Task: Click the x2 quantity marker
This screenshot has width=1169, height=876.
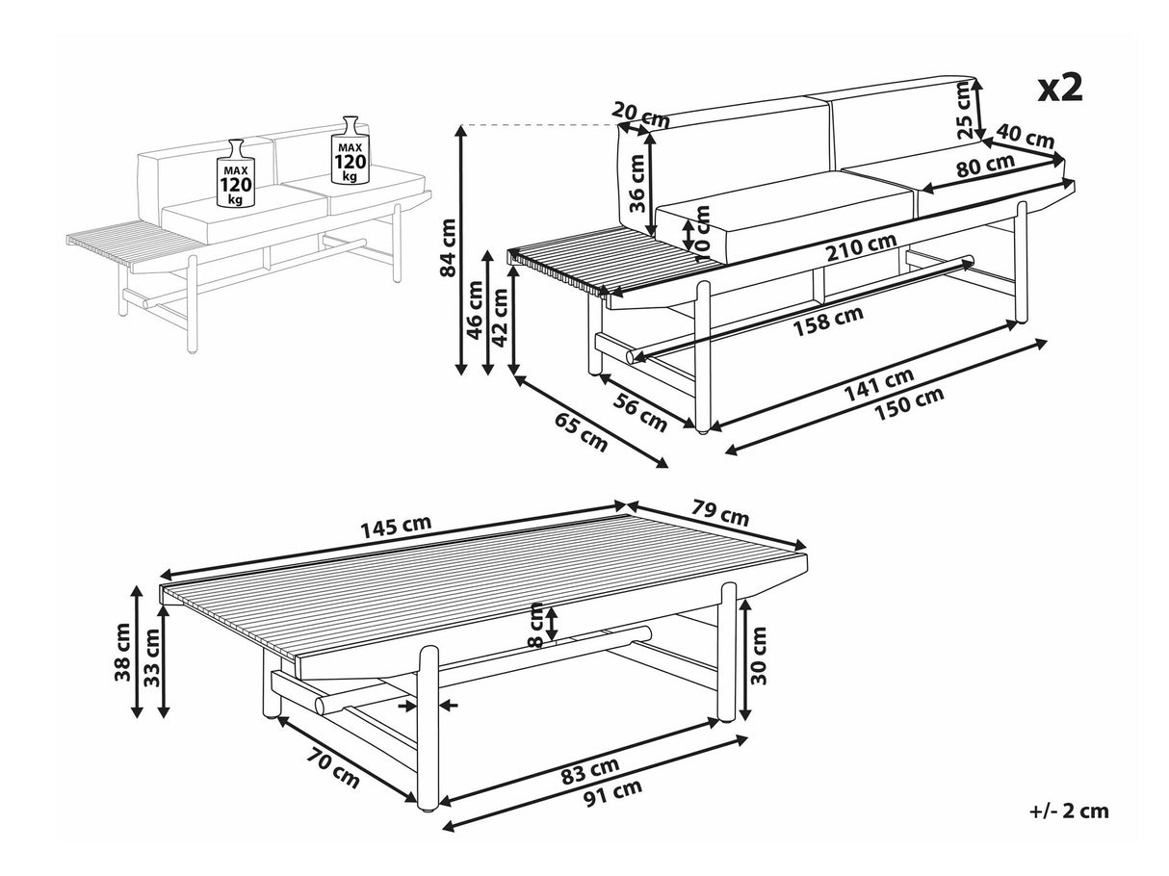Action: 1060,89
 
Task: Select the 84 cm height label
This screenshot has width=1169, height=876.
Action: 449,247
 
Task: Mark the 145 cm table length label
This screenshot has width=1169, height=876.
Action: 396,527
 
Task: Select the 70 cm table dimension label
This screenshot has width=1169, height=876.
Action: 333,769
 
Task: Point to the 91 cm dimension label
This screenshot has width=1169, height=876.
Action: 613,793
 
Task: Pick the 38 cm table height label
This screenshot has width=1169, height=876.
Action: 123,653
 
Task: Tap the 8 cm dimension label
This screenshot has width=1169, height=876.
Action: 535,625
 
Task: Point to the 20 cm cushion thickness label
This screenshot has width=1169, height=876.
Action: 640,116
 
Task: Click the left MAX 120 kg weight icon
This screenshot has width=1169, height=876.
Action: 236,173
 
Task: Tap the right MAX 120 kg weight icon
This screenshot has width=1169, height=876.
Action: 350,150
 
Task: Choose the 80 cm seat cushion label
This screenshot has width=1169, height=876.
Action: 985,165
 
